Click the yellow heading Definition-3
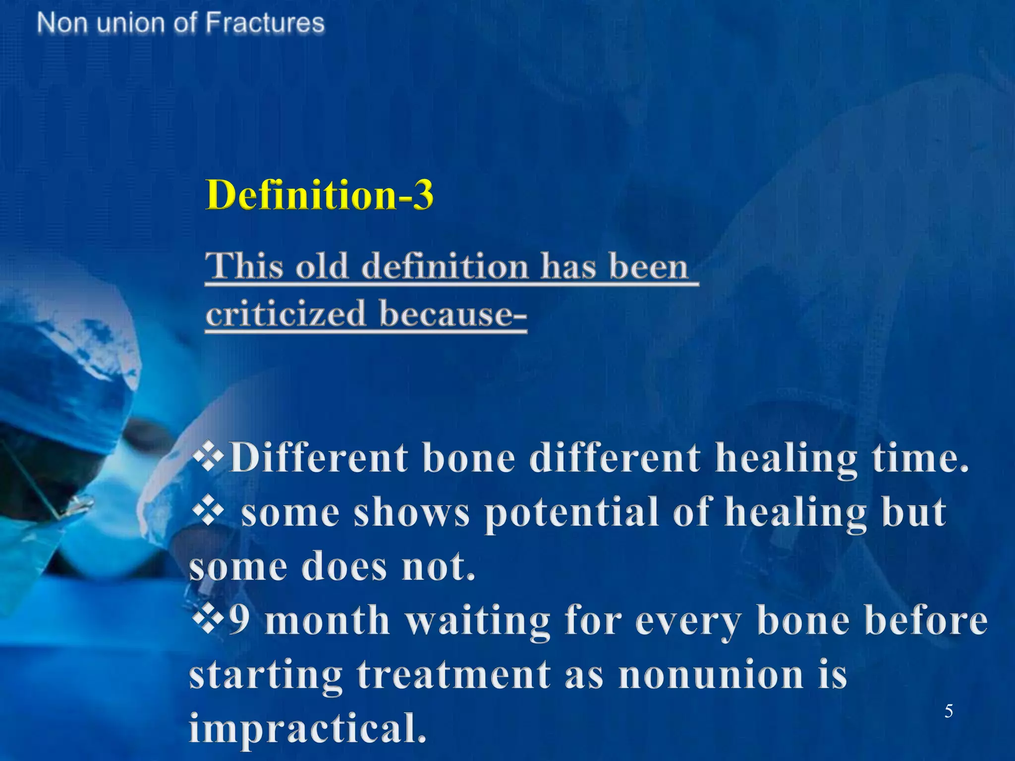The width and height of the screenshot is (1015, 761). (x=320, y=195)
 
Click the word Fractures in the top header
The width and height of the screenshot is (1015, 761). (x=265, y=23)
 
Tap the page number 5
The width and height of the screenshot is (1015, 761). (x=948, y=711)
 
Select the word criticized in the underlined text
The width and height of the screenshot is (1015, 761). (x=285, y=314)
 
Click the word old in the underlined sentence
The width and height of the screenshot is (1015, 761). (x=322, y=266)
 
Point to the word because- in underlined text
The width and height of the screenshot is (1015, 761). (x=452, y=314)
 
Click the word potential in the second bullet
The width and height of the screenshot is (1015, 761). (x=571, y=514)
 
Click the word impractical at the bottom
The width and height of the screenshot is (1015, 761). (x=307, y=728)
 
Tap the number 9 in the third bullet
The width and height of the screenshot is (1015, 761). (x=239, y=620)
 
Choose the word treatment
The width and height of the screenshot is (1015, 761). (x=454, y=675)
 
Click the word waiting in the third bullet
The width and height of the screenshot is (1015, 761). (x=478, y=621)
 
